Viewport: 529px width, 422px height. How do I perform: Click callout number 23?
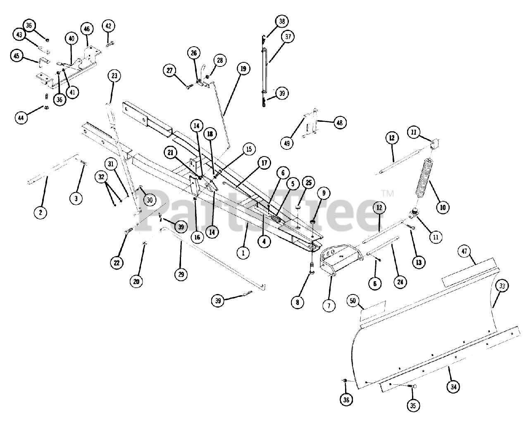coord(114,76)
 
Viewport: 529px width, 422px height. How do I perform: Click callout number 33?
coord(502,286)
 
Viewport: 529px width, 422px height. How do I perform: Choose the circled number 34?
coord(454,387)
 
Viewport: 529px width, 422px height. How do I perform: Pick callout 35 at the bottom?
coord(413,406)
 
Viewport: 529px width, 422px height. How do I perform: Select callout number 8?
coord(297,302)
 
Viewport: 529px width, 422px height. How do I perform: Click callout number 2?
coord(41,213)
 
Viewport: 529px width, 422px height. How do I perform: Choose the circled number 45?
coord(17,57)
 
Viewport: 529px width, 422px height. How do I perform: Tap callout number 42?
coord(108,26)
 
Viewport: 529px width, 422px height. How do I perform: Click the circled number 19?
coord(243,69)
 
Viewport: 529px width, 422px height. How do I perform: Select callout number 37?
coord(288,37)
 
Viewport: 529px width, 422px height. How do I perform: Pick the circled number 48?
coord(341,123)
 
